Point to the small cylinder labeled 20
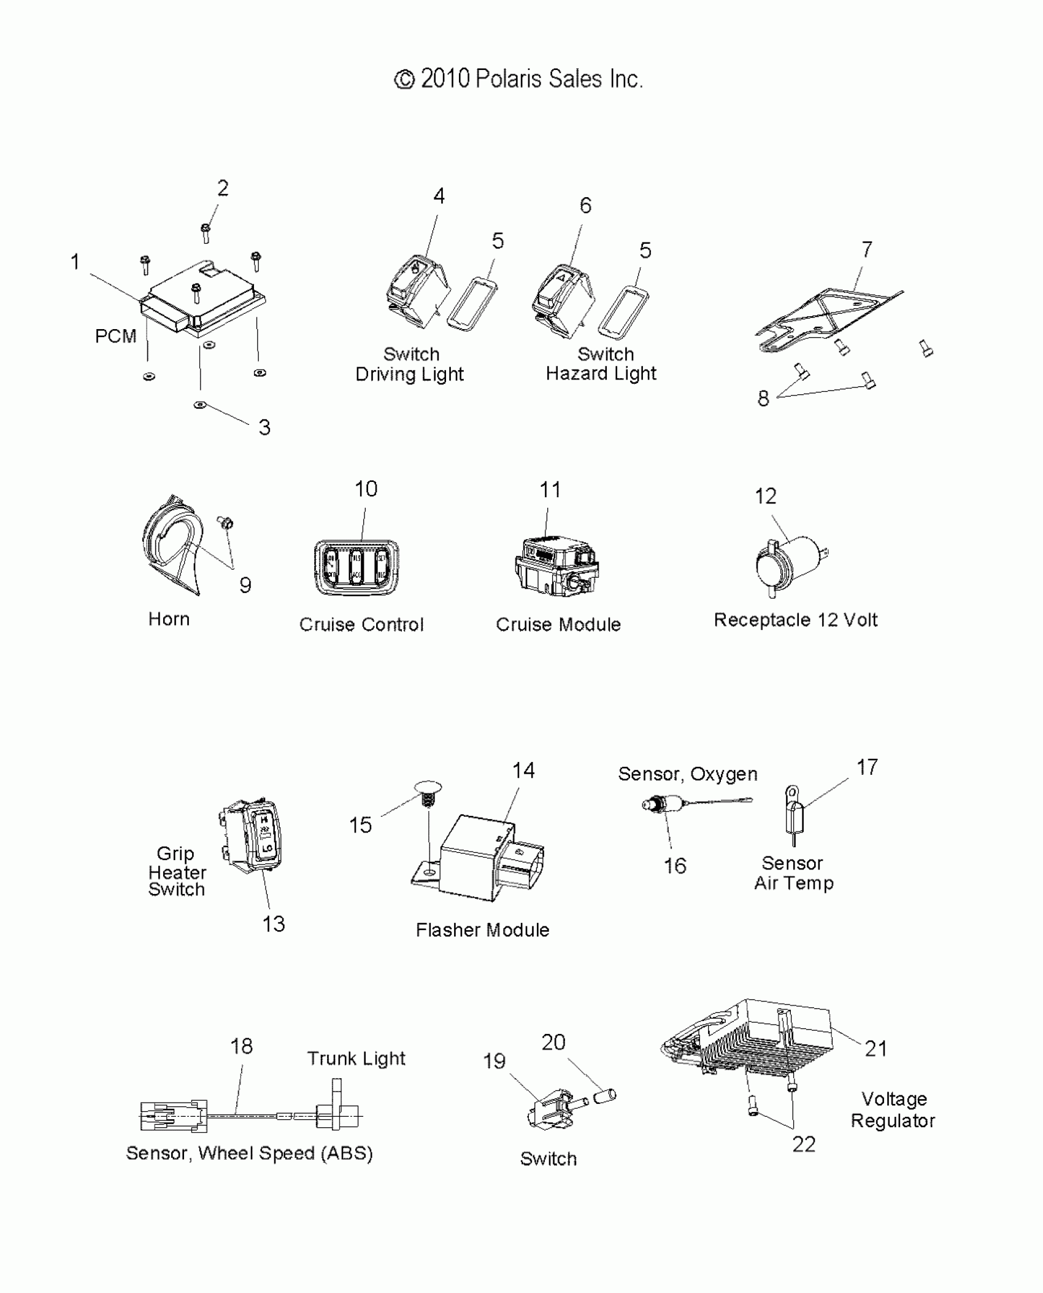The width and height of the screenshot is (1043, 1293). point(604,1096)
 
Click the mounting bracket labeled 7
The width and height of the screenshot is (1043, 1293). point(828,319)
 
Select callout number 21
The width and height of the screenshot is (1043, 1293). point(876,1049)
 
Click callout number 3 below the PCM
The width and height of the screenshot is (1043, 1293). point(264,427)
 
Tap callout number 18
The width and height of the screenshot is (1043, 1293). point(242,1046)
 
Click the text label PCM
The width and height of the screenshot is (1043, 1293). point(115,336)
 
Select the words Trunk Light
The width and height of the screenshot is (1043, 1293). point(356,1058)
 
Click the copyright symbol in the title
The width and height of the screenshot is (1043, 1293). point(404,80)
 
